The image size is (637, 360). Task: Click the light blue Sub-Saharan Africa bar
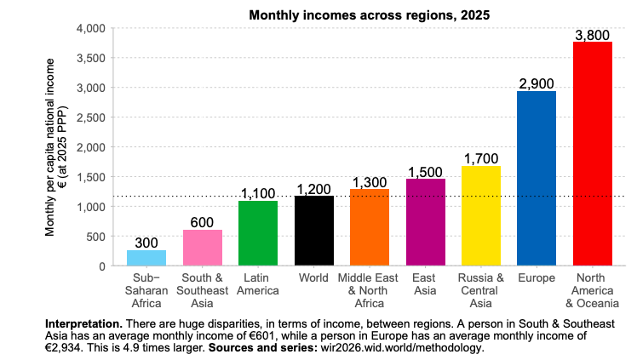(146, 257)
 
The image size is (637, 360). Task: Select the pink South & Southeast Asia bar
(202, 248)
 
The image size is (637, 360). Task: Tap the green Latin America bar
(258, 233)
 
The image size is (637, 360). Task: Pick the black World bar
(313, 231)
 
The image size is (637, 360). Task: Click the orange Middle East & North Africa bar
(370, 227)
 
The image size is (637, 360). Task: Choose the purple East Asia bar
(425, 222)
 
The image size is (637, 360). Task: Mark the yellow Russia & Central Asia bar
(481, 216)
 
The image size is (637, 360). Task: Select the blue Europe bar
(537, 179)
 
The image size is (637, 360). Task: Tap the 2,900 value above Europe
(537, 83)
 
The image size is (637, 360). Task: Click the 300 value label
(146, 243)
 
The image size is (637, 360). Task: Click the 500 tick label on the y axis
(95, 236)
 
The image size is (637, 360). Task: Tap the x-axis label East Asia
(425, 284)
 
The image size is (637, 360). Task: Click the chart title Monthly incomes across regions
(369, 14)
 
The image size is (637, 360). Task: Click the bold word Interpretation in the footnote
(83, 324)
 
